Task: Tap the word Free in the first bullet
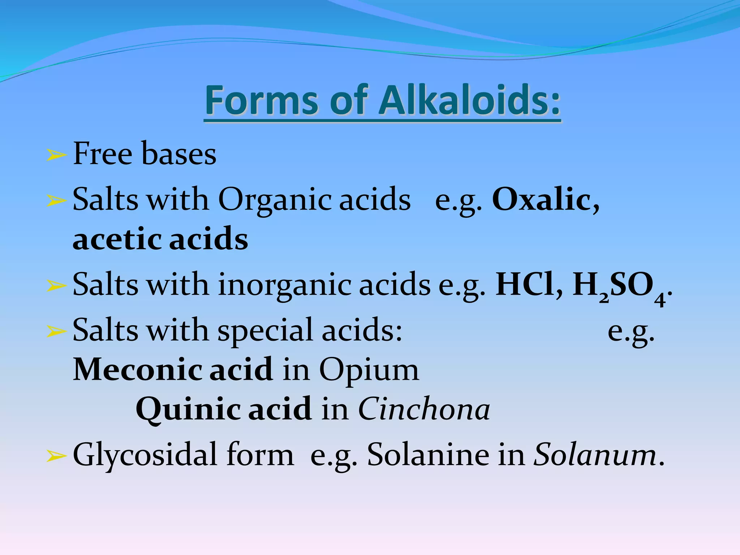point(103,154)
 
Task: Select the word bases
point(179,154)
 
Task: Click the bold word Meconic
point(137,369)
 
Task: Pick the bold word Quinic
point(188,409)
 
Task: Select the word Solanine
point(428,455)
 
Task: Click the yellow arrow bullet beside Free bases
point(56,155)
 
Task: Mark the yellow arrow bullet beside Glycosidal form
point(56,457)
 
